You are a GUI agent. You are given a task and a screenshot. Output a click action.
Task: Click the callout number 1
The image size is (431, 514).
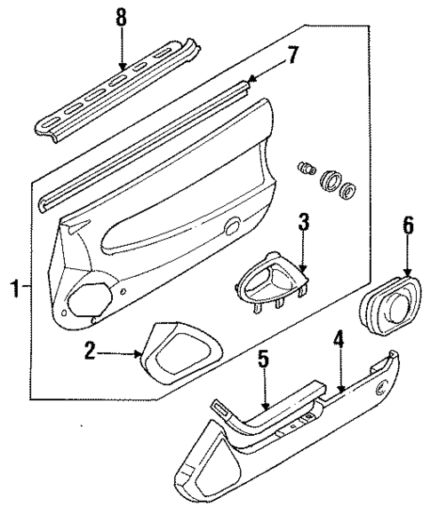click(x=12, y=289)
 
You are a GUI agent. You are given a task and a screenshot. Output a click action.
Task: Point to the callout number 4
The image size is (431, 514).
click(x=338, y=338)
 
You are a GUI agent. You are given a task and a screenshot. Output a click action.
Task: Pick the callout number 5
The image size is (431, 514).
click(x=263, y=360)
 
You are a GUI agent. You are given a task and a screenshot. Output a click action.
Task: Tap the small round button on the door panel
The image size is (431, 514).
click(x=233, y=227)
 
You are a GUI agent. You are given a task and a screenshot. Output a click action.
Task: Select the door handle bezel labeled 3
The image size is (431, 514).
click(x=269, y=281)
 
